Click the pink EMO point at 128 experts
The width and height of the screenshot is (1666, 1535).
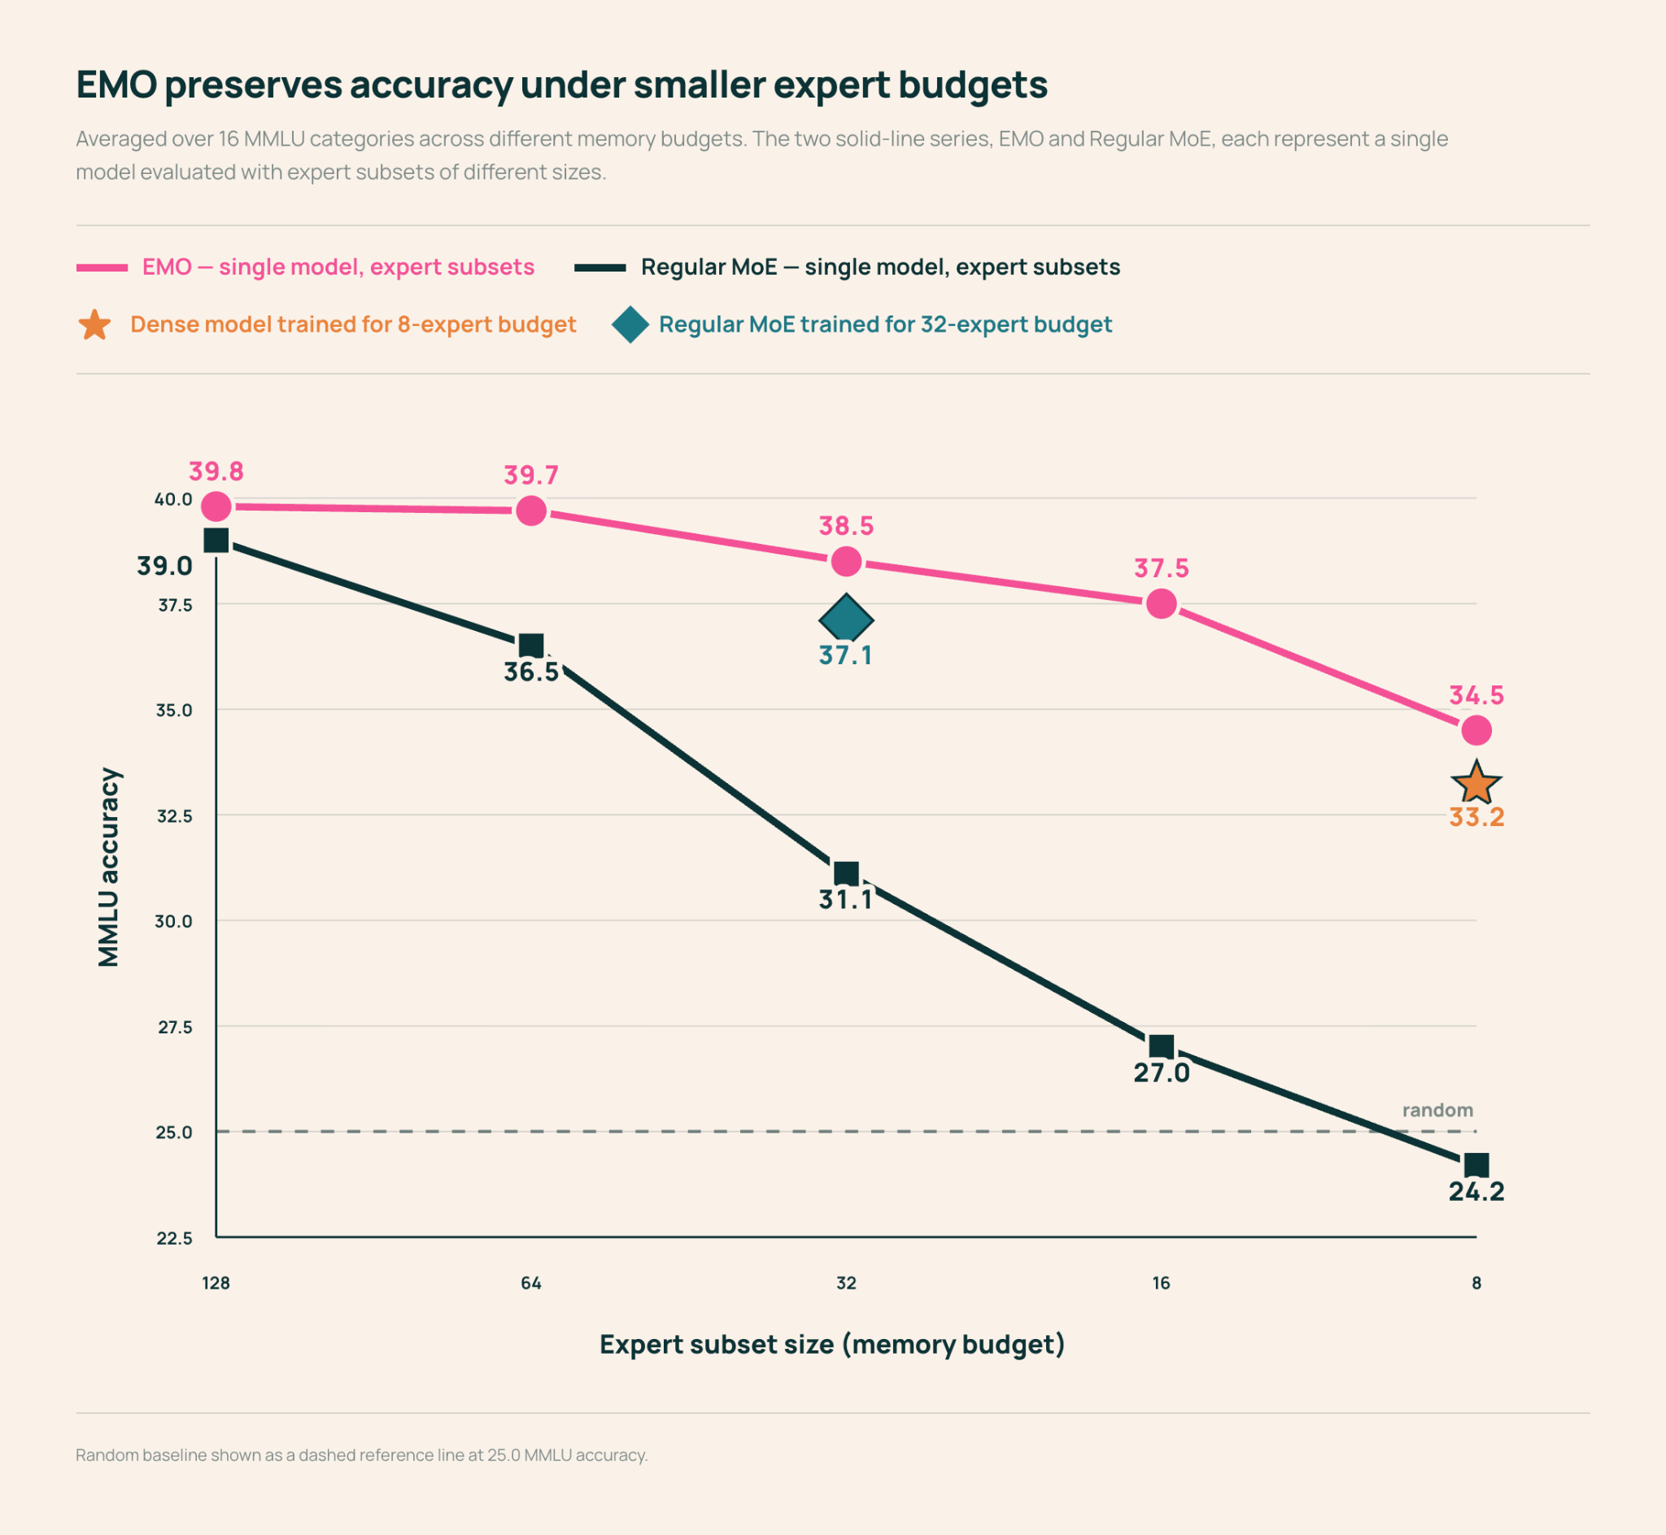[x=216, y=506]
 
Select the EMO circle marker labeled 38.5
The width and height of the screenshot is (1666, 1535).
[x=846, y=562]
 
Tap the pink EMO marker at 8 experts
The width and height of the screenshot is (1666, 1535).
[x=1476, y=730]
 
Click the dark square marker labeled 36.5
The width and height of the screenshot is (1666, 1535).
[x=531, y=646]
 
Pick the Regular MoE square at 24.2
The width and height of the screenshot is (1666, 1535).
[x=1476, y=1164]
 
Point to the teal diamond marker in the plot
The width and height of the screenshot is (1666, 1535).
[x=846, y=620]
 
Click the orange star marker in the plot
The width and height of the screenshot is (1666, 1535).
[x=1476, y=783]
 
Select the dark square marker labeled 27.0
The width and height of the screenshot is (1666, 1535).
[x=1161, y=1046]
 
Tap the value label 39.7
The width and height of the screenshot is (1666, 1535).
[x=531, y=475]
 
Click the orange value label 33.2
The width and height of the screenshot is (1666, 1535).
[x=1476, y=817]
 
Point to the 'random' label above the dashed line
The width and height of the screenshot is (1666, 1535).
[x=1437, y=1110]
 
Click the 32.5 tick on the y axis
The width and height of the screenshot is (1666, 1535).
[x=175, y=815]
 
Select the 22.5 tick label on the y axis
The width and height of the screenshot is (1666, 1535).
[x=175, y=1237]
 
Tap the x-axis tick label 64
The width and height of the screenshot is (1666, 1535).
[x=531, y=1282]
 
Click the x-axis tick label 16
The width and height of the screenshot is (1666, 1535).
[x=1161, y=1282]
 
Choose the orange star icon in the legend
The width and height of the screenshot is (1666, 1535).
[x=94, y=324]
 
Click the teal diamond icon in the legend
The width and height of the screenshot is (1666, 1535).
[x=630, y=324]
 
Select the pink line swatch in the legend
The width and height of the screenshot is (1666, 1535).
[x=102, y=267]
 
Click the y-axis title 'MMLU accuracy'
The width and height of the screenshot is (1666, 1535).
[x=109, y=868]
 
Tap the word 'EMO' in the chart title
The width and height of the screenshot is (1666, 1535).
[x=116, y=85]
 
